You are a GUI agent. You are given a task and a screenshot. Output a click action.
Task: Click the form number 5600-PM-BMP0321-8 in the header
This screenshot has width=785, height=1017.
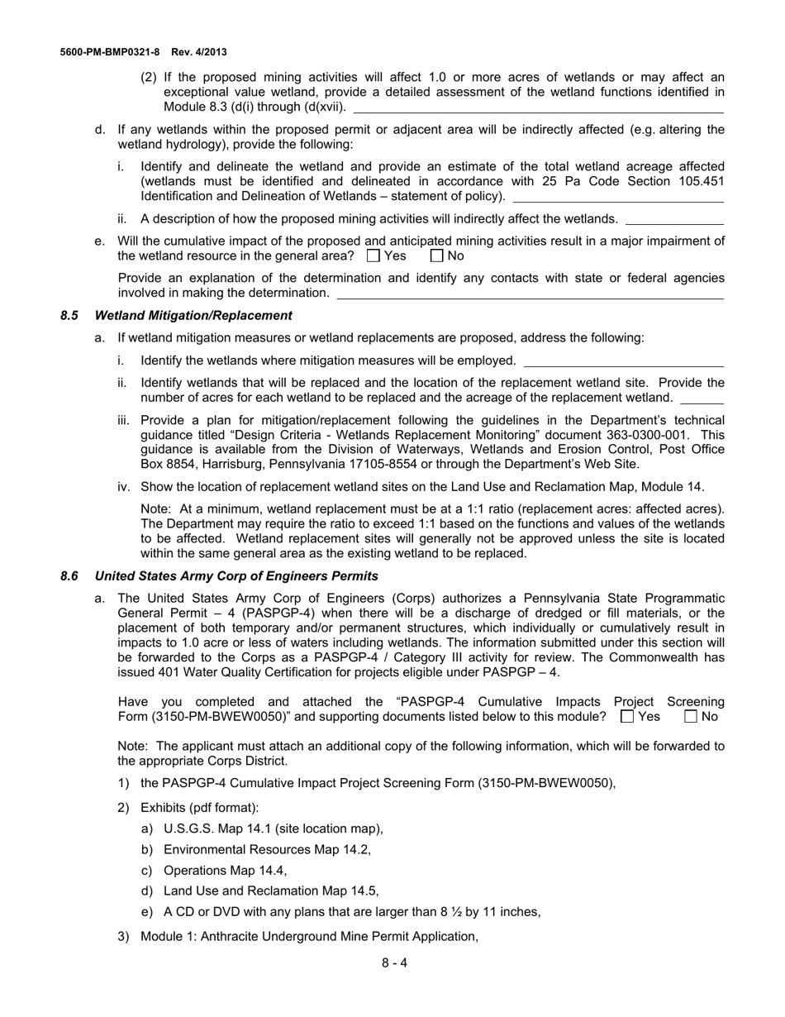pyautogui.click(x=110, y=51)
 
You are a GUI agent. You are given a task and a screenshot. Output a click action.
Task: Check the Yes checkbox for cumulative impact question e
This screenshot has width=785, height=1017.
pyautogui.click(x=373, y=256)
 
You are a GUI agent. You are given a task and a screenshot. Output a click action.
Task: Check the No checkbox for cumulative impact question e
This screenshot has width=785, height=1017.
pyautogui.click(x=438, y=256)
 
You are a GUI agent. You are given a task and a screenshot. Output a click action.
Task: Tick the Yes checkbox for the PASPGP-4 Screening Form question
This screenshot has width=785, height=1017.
pyautogui.click(x=627, y=717)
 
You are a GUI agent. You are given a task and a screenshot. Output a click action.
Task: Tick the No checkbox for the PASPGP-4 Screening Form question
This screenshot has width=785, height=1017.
pyautogui.click(x=692, y=717)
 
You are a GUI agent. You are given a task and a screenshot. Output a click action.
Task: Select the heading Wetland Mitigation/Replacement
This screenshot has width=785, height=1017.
pyautogui.click(x=193, y=315)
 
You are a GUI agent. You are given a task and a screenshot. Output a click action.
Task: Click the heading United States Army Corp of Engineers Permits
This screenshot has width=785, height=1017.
pyautogui.click(x=236, y=575)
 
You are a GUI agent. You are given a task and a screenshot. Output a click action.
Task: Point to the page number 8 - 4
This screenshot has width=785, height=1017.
pyautogui.click(x=394, y=962)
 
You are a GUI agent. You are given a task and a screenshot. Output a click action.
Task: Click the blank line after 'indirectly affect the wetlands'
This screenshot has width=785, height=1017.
pyautogui.click(x=674, y=219)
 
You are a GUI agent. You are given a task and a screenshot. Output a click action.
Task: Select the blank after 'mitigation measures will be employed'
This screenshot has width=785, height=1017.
pyautogui.click(x=624, y=361)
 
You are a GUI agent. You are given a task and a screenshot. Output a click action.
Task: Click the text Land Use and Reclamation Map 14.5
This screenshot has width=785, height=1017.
pyautogui.click(x=271, y=890)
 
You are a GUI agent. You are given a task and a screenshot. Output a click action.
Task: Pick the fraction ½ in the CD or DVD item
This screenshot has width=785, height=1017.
pyautogui.click(x=458, y=912)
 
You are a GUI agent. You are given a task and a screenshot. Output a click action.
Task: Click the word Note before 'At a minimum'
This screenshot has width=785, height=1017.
pyautogui.click(x=155, y=508)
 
